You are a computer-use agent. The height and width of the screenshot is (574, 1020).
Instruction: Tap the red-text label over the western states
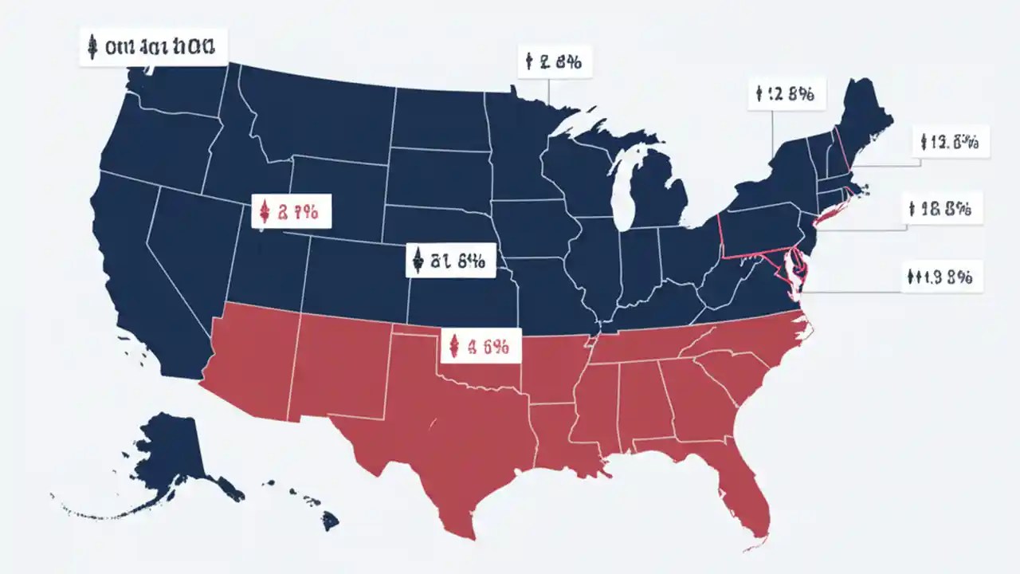coord(290,211)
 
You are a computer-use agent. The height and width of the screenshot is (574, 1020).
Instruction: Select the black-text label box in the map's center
coord(450,260)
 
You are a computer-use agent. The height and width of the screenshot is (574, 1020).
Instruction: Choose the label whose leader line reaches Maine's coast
coord(950,143)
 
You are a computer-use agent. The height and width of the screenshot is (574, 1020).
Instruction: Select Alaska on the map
coord(175,454)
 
